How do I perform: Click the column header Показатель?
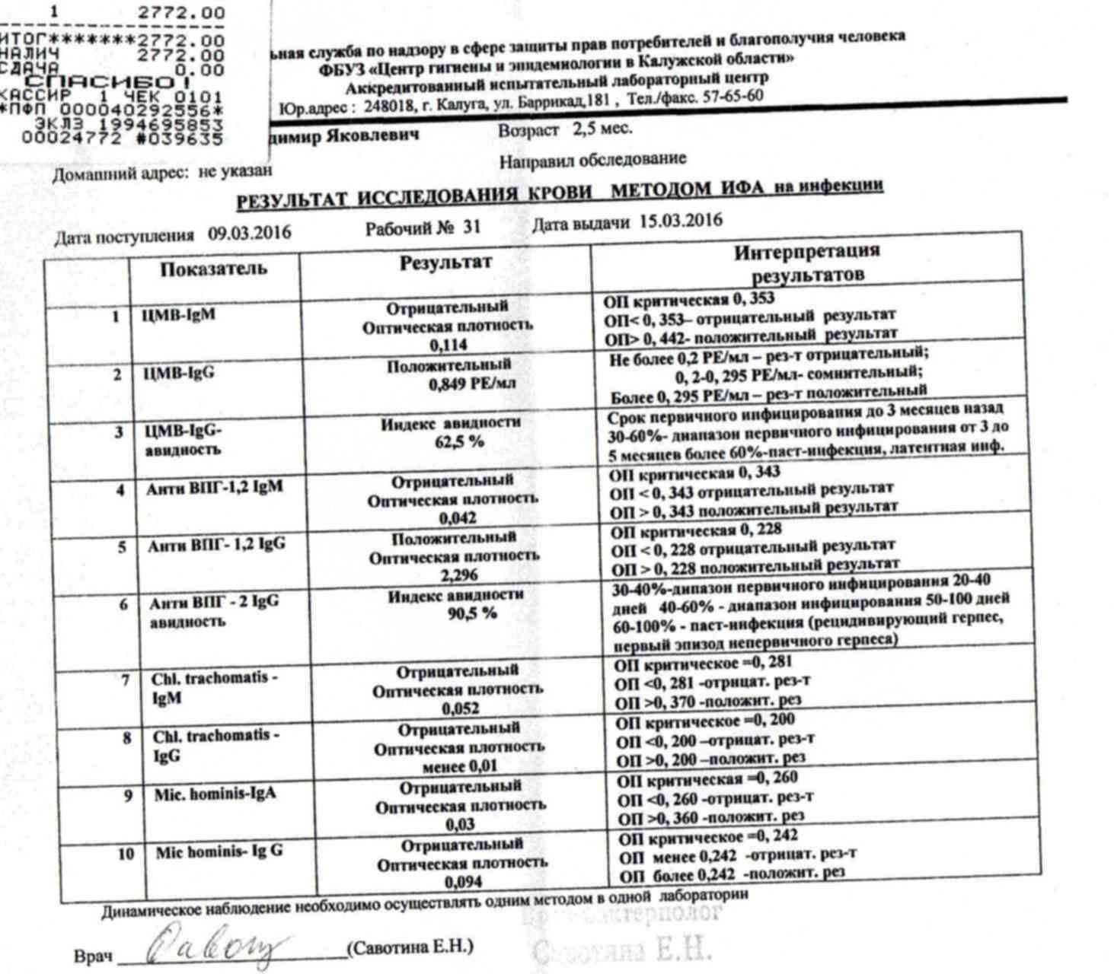coord(213,269)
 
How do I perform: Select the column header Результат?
coord(446,263)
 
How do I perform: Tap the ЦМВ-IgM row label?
coord(179,314)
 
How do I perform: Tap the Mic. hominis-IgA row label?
coord(215,794)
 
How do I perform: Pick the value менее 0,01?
coord(459,766)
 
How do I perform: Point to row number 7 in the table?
coord(126,680)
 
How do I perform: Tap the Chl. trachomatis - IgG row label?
coord(216,746)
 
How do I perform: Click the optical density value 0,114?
coord(448,345)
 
